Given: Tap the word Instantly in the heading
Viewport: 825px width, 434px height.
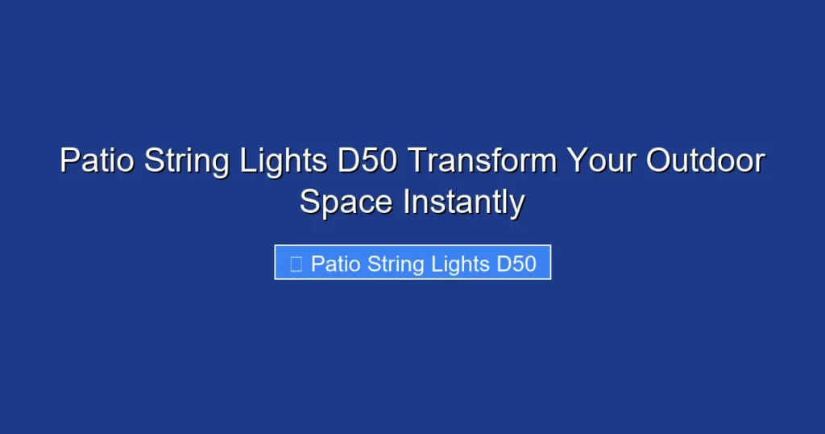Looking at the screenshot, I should pyautogui.click(x=464, y=202).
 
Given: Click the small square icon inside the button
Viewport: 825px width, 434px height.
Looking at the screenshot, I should pyautogui.click(x=296, y=264).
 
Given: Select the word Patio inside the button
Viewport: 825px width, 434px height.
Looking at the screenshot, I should pyautogui.click(x=335, y=264).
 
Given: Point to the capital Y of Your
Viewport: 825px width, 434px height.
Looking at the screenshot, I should pyautogui.click(x=572, y=161).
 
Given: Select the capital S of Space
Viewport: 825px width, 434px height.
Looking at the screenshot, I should pyautogui.click(x=309, y=202).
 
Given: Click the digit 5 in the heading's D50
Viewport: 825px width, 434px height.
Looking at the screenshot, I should pyautogui.click(x=365, y=161).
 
